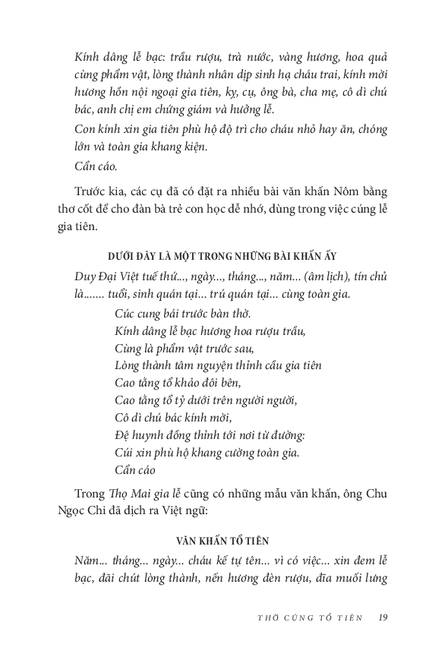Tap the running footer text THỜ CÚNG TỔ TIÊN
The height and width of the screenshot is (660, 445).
point(310,617)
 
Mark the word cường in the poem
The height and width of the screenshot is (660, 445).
point(240,453)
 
